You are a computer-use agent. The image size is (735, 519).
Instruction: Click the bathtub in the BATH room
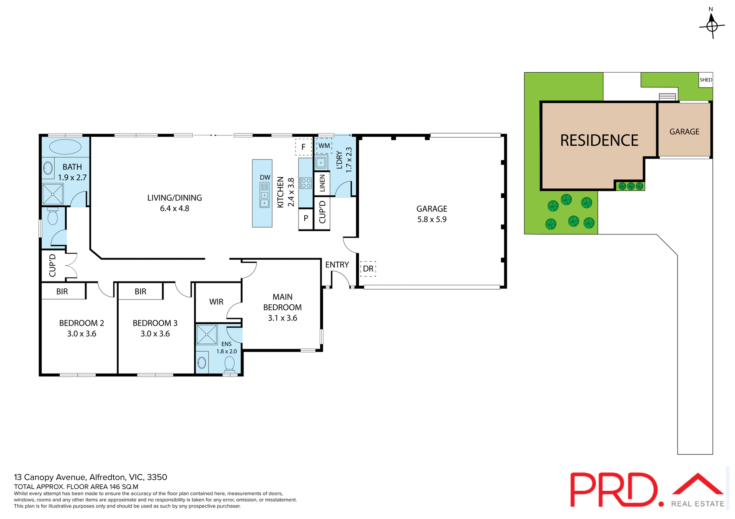[65, 147]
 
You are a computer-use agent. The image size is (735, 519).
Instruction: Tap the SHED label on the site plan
[706, 80]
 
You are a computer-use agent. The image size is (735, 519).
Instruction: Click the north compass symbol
[712, 25]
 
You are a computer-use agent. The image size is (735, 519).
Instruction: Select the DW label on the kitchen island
[265, 177]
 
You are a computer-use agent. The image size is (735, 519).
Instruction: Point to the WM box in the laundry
[324, 146]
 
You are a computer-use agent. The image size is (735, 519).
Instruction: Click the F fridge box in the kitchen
[303, 147]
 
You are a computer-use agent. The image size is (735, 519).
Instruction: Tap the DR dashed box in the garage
[368, 269]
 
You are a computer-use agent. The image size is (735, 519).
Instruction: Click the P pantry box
[305, 219]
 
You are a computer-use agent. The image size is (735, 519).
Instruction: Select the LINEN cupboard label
[322, 183]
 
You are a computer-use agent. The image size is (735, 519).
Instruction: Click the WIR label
[216, 302]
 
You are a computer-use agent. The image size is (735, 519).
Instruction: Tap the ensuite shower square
[207, 335]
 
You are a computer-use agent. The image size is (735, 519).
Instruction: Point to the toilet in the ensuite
[229, 364]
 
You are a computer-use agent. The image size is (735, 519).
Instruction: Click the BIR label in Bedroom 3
[140, 291]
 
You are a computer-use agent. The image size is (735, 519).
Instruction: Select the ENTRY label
[337, 265]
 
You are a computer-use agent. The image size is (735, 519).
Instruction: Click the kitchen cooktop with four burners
[305, 183]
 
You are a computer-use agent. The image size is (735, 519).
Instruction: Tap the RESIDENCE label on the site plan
[599, 140]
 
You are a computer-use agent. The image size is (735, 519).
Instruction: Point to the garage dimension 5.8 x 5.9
[432, 220]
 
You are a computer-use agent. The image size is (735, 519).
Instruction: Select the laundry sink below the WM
[321, 163]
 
